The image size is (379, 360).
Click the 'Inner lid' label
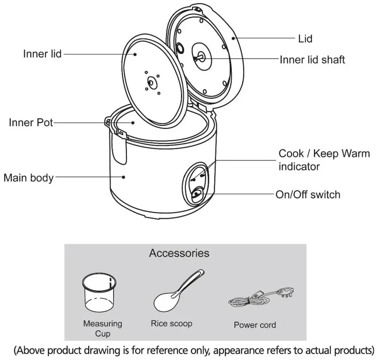coord(42,54)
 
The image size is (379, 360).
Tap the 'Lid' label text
coord(305,39)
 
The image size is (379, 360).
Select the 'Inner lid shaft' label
coord(312,59)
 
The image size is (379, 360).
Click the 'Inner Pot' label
coord(31,123)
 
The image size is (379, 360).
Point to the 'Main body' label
coord(28,177)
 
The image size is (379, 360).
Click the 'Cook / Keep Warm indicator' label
coord(324,160)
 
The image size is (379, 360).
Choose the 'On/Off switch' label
coord(308,195)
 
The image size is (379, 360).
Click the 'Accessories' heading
coord(179,253)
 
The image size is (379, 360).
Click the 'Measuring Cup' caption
coord(102,328)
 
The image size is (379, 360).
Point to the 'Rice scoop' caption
coord(171,323)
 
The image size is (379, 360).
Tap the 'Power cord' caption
coord(255,325)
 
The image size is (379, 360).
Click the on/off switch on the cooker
coord(197,194)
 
